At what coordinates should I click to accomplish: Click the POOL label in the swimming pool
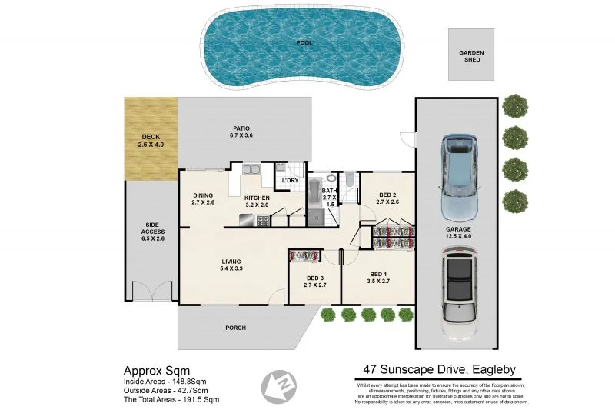click(304, 42)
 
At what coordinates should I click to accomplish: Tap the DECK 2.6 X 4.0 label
click(151, 141)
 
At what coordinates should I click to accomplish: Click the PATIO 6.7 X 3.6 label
click(241, 132)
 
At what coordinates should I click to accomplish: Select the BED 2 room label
click(387, 198)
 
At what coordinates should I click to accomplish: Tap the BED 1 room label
click(377, 278)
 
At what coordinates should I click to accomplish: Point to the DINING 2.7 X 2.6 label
click(203, 198)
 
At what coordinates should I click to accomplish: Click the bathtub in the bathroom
click(316, 202)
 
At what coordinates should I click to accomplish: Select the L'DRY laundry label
click(290, 181)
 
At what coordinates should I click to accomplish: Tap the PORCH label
click(236, 328)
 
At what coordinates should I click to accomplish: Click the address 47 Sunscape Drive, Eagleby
click(438, 369)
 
